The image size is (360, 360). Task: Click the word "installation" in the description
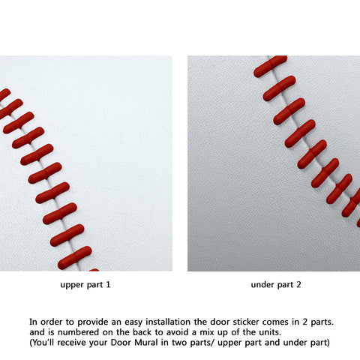169,322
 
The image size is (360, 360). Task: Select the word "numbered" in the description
78,332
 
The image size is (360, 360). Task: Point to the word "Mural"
146,342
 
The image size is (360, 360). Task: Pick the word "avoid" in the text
181,332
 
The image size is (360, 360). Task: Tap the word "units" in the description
271,332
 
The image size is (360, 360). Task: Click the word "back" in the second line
142,332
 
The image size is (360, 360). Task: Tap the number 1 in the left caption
108,284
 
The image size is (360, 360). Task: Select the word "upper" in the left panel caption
73,285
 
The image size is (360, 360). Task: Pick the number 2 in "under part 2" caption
298,284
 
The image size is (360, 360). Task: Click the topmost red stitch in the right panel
270,66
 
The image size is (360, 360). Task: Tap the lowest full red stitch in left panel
75,257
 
